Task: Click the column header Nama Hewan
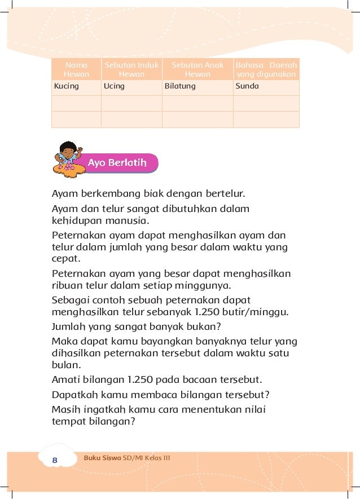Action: (76, 69)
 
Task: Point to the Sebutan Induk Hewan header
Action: (131, 69)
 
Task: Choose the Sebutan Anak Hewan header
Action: (197, 69)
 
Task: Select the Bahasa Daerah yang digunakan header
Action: (266, 69)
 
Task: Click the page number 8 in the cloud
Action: (55, 461)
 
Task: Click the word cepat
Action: (64, 260)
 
